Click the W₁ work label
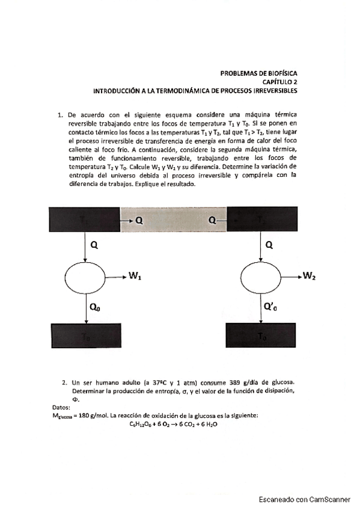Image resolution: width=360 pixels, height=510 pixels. (x=135, y=277)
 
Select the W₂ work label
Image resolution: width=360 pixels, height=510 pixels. (x=310, y=277)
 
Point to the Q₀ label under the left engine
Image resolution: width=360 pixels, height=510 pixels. (x=96, y=306)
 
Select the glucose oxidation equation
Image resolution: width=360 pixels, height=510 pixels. (x=173, y=424)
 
